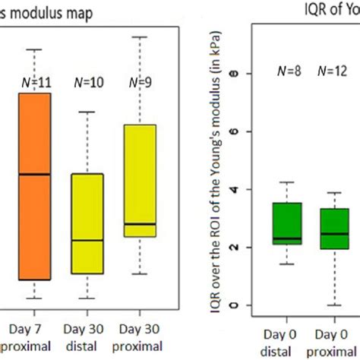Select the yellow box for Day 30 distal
[x=87, y=223]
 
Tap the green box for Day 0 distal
[x=286, y=223]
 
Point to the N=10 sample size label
[x=87, y=81]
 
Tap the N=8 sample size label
[x=287, y=73]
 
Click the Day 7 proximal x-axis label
[x=34, y=337]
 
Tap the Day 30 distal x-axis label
[x=87, y=337]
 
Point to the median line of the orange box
[x=34, y=175]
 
